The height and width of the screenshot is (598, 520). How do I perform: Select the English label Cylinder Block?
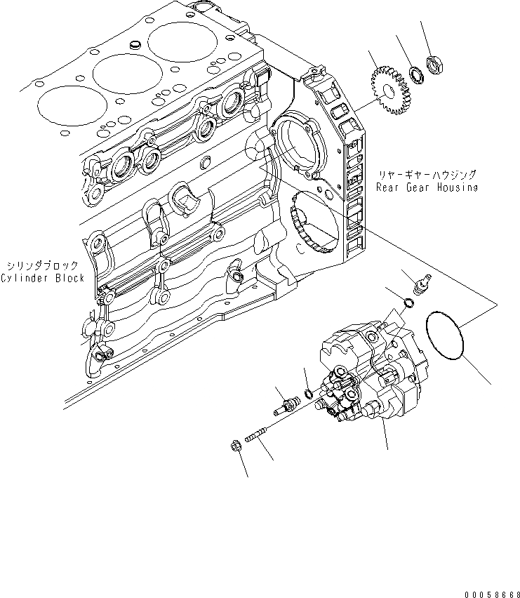[x=42, y=278]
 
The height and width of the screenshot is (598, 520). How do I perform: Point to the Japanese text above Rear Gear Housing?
[x=426, y=174]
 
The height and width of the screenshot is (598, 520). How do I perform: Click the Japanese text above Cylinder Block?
[x=44, y=265]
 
